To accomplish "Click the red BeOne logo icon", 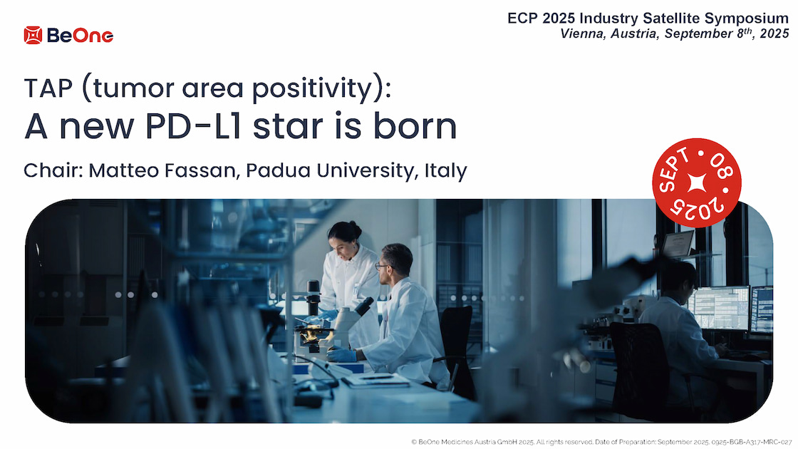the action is [33, 35].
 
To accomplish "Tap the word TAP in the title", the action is [48, 88].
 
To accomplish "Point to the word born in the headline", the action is [415, 126].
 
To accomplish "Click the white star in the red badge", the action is [697, 182].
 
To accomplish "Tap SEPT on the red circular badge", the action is [674, 170].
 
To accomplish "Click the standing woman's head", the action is [344, 236].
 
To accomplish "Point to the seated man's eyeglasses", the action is [382, 266].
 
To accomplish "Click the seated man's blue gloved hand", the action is [341, 353].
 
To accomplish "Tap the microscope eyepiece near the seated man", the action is [364, 306].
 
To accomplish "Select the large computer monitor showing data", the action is [719, 308].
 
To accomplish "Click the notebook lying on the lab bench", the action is [375, 380].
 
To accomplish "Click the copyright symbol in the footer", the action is [414, 443].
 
